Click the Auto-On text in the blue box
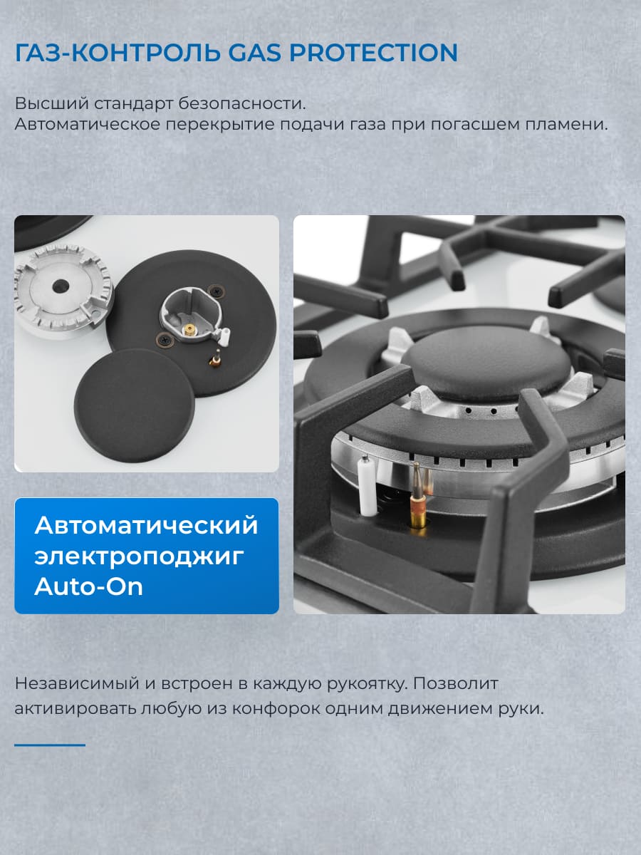coord(88,586)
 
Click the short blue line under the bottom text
coord(50,745)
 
